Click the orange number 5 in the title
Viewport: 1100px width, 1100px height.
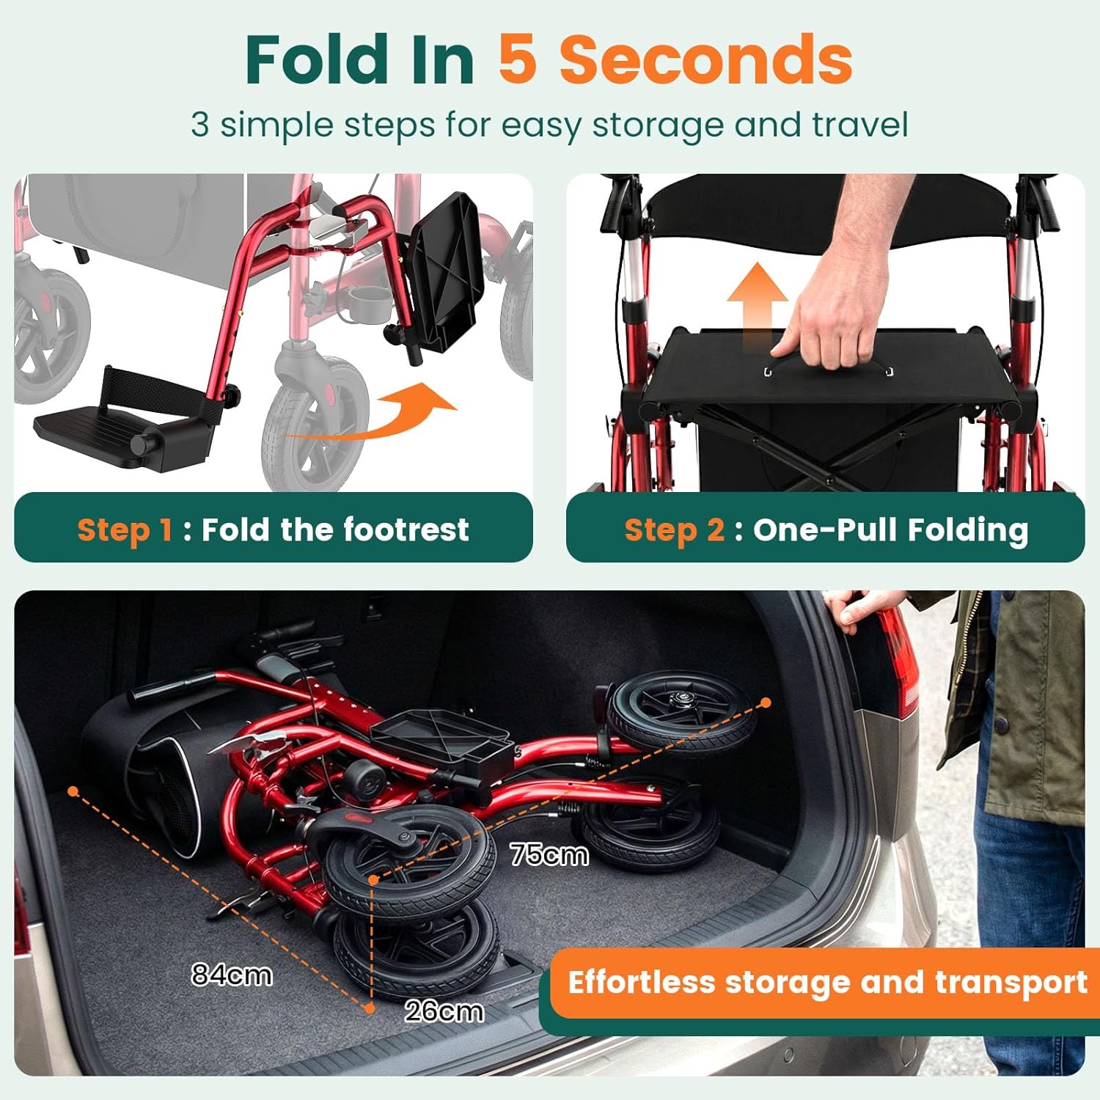pyautogui.click(x=517, y=59)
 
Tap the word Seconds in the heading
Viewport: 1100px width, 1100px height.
pyautogui.click(x=705, y=59)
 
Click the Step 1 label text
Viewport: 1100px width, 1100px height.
pyautogui.click(x=125, y=529)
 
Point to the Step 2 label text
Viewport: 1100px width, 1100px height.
pyautogui.click(x=674, y=529)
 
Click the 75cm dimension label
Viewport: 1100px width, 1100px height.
pyautogui.click(x=549, y=855)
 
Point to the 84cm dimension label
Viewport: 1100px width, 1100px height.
pyautogui.click(x=232, y=975)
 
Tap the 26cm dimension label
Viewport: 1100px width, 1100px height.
pyautogui.click(x=444, y=1011)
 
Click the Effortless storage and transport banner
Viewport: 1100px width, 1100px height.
pyautogui.click(x=826, y=983)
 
